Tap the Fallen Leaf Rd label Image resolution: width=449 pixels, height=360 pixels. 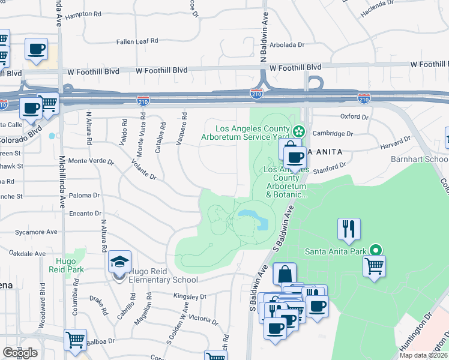click(138, 41)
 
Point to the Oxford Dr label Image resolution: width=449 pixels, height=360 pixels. click(354, 116)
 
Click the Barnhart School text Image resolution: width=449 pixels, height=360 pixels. click(424, 160)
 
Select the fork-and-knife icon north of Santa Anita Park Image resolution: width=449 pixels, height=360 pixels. click(349, 228)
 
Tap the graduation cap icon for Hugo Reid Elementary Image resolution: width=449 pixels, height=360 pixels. click(119, 262)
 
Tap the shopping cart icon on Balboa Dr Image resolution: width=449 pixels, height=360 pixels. click(75, 340)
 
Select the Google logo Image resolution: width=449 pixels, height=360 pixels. click(20, 353)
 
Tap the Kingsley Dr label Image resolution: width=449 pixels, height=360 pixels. click(189, 296)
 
